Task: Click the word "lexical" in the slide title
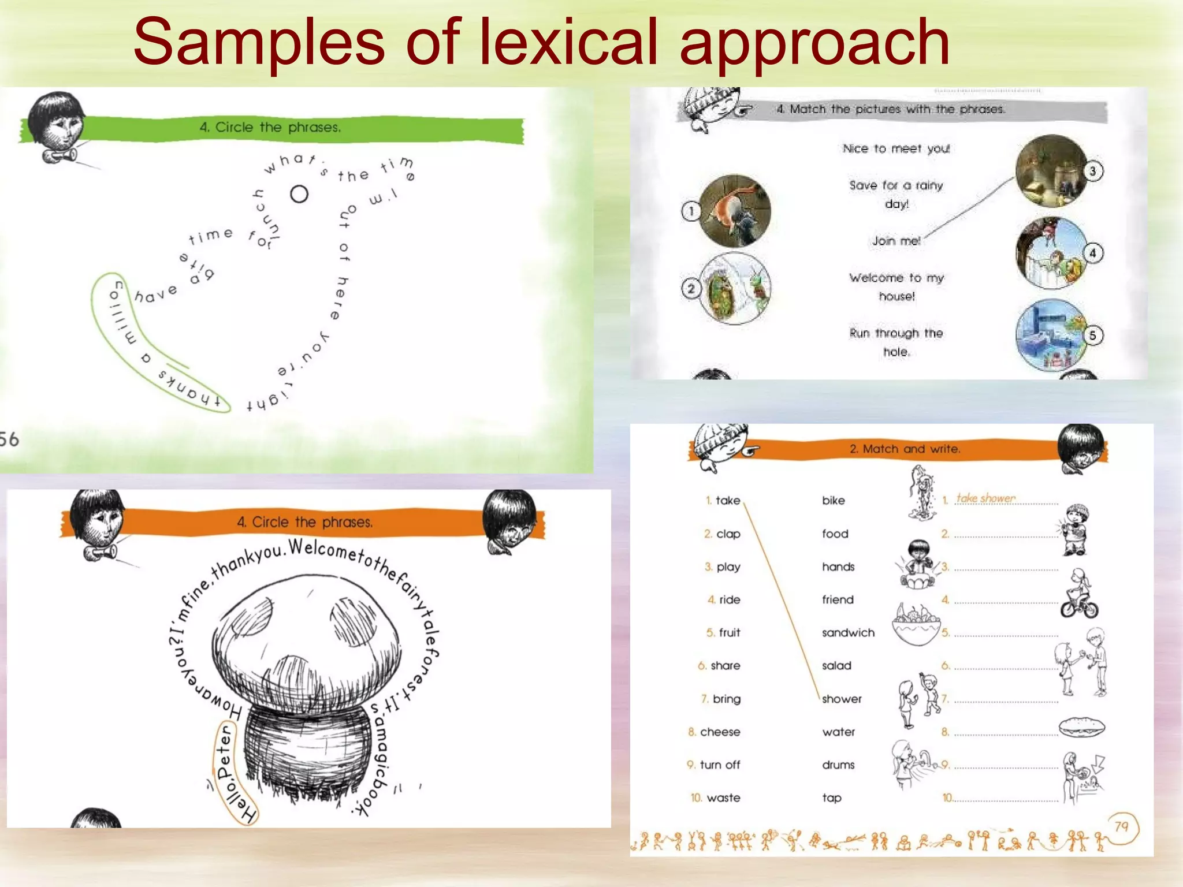coord(568,42)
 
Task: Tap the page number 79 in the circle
coord(1121,827)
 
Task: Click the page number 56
coord(9,439)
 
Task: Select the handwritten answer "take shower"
coord(985,498)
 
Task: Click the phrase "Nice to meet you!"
coord(896,149)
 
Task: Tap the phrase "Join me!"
coord(896,241)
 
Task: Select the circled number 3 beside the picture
coord(1092,172)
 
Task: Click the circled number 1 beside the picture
coord(691,211)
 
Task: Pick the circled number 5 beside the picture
coord(1092,336)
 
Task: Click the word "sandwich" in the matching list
coord(848,633)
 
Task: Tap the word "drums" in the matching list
coord(838,765)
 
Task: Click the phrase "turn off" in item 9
coord(720,765)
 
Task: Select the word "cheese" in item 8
coord(720,732)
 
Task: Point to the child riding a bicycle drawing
coord(1078,595)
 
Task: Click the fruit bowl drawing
coord(916,625)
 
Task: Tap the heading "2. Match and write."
coord(905,449)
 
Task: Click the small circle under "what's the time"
coord(299,194)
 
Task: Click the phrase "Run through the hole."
coord(896,342)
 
